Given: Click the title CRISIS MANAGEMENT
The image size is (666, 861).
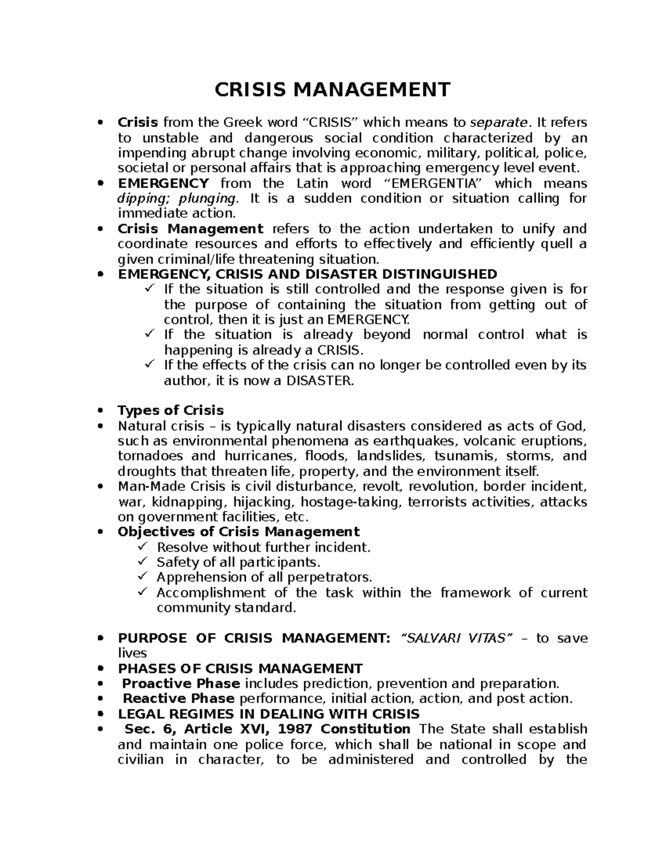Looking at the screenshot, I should tap(332, 89).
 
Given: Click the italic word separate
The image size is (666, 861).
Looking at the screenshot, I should tap(498, 122).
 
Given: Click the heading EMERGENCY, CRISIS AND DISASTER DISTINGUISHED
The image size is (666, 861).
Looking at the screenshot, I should tap(307, 274).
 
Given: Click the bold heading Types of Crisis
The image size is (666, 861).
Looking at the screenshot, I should tap(170, 410).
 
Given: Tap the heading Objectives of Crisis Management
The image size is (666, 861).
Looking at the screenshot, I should tap(239, 532).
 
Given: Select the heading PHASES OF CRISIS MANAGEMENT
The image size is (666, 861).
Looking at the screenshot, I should tap(240, 668).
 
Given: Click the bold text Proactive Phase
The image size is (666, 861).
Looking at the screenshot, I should tap(181, 683).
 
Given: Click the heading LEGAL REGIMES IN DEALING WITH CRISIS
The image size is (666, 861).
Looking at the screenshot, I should tap(269, 714).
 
